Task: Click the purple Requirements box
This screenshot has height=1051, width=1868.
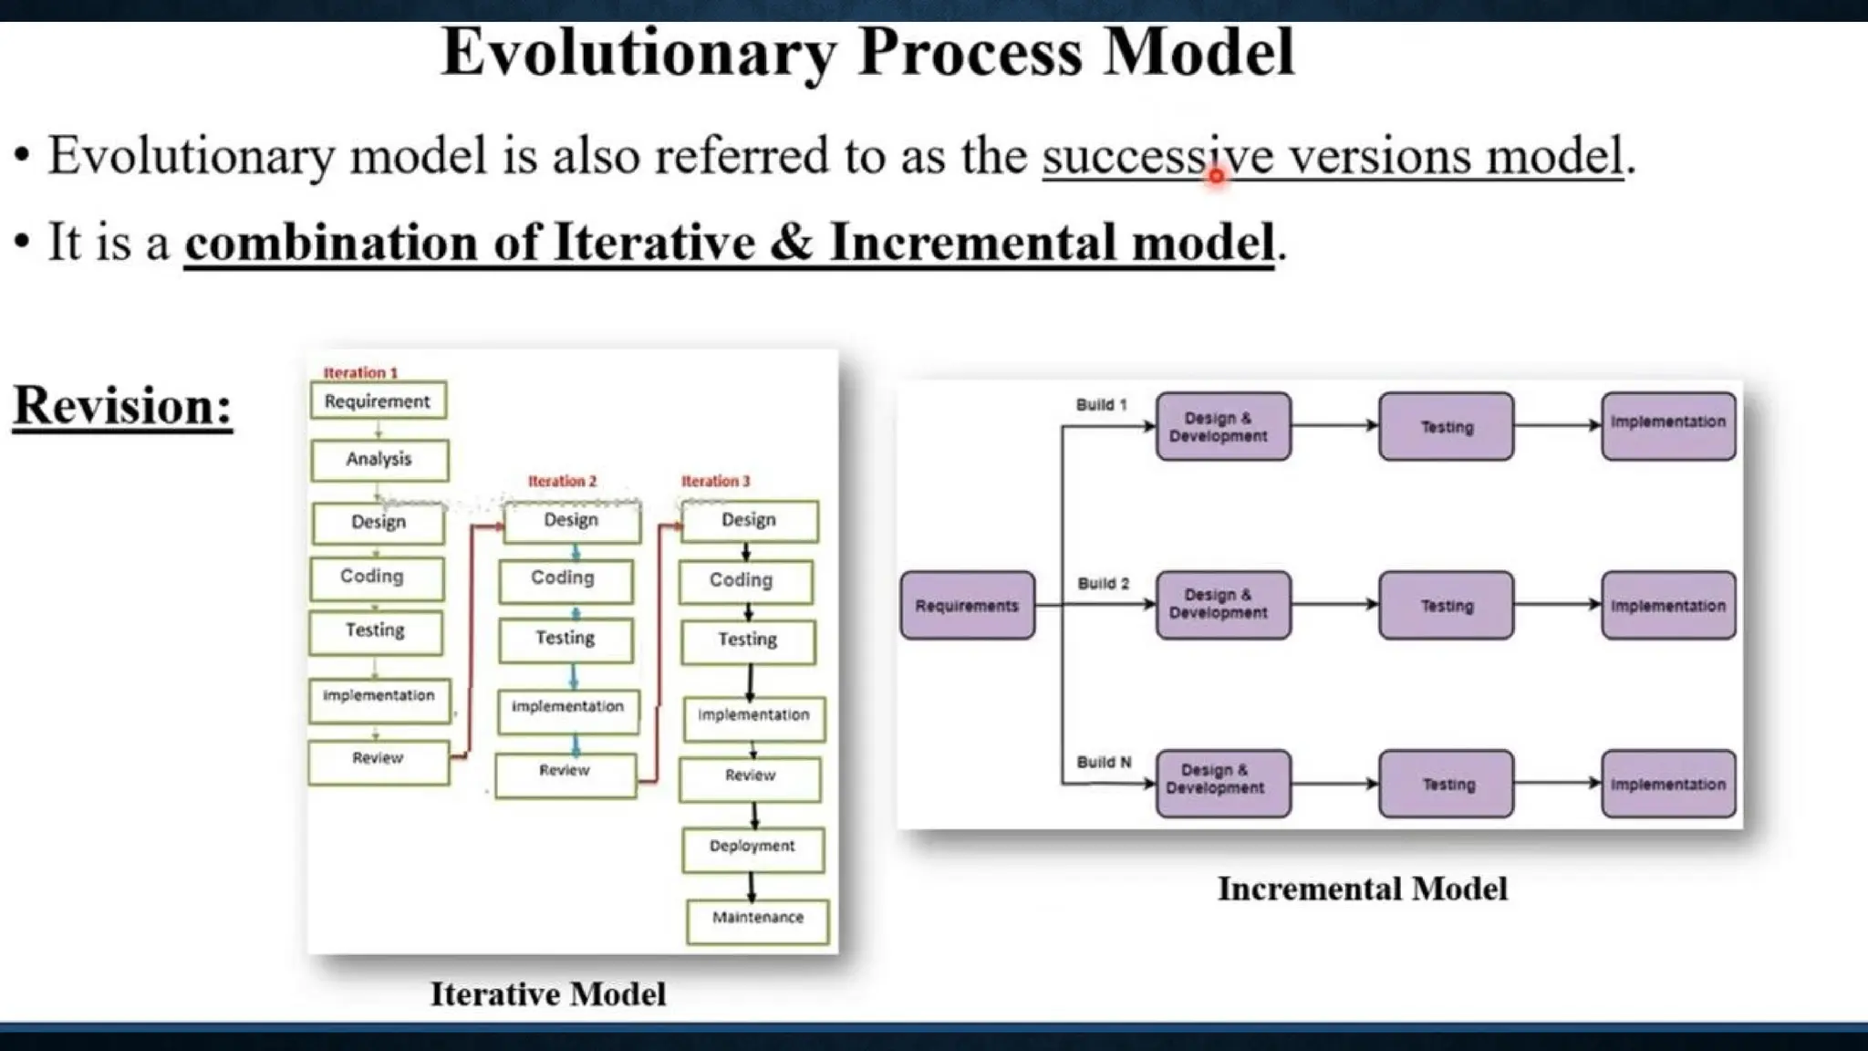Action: [967, 606]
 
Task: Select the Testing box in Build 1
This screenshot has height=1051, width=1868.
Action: [1446, 427]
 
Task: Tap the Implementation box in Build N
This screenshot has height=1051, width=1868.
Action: [1668, 785]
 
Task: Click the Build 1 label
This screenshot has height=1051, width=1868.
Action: [1101, 405]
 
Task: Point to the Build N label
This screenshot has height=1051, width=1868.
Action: [1104, 763]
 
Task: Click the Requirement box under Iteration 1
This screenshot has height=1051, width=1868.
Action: [378, 401]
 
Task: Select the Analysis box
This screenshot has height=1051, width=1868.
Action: [379, 460]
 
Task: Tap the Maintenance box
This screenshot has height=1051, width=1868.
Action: [758, 919]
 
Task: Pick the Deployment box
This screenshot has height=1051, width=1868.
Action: [752, 848]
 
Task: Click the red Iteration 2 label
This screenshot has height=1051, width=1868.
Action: [562, 482]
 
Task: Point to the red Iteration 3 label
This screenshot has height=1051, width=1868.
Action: [715, 482]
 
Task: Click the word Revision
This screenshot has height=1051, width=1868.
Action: [122, 406]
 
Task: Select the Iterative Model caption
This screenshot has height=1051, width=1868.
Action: [548, 994]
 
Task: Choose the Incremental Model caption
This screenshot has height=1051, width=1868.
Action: [1362, 890]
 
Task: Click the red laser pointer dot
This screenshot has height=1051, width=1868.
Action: [1216, 176]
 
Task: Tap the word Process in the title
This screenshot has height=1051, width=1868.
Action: [970, 53]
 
